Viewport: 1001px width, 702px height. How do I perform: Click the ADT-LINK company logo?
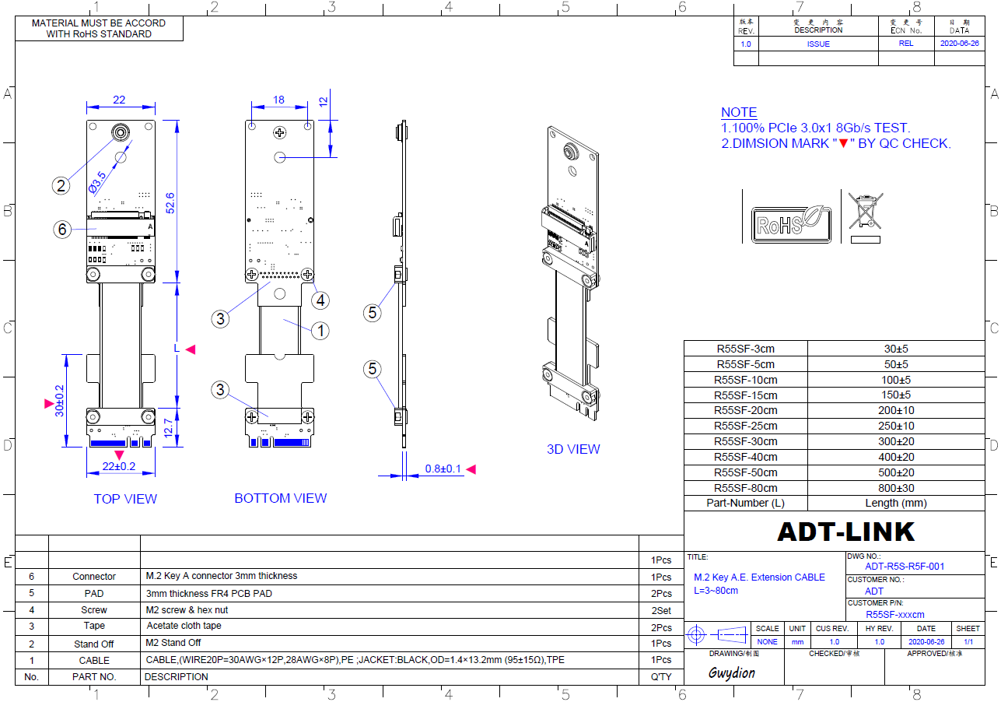[845, 532]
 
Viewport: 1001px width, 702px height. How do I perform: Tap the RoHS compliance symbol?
[791, 224]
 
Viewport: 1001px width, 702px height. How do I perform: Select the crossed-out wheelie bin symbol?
[866, 218]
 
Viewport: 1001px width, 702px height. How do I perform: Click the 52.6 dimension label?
[170, 203]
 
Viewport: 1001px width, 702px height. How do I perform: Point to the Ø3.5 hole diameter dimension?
[97, 182]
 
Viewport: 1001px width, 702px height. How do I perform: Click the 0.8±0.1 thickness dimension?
[443, 469]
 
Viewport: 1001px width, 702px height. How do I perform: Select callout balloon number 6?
[62, 230]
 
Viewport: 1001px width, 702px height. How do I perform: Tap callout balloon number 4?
[320, 300]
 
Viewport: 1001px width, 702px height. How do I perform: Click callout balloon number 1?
[320, 332]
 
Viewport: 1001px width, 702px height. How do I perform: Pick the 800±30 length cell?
[896, 488]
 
